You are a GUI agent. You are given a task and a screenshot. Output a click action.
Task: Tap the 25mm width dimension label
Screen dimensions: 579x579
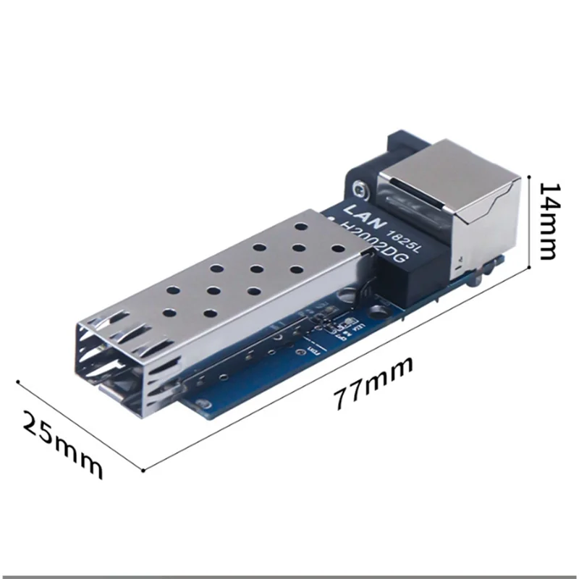[x=62, y=444]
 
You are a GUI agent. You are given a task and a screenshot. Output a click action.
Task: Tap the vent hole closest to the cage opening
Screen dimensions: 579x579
[x=168, y=312]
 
